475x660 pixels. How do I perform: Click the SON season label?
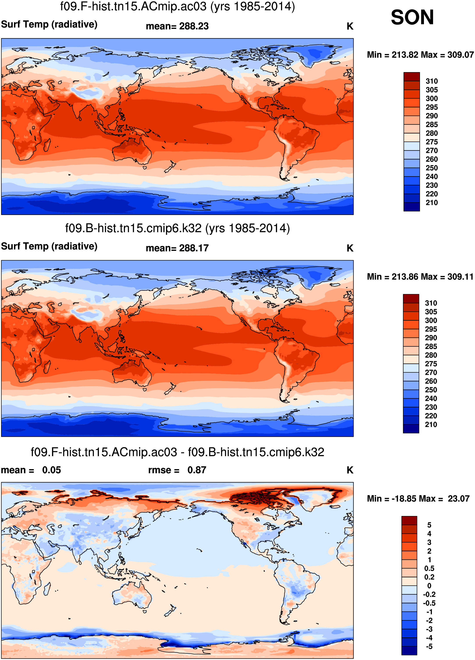[x=412, y=18]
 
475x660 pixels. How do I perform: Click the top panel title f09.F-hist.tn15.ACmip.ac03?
[x=177, y=6]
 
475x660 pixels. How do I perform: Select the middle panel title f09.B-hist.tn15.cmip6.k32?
[x=177, y=228]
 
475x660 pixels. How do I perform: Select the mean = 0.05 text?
[x=31, y=470]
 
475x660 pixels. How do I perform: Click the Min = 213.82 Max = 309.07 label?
[x=420, y=55]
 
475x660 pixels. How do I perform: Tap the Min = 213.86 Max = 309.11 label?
[x=420, y=277]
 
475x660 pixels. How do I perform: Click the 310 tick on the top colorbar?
[x=432, y=81]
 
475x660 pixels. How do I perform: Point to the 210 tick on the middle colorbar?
[x=431, y=425]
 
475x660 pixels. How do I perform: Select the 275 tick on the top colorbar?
[x=432, y=142]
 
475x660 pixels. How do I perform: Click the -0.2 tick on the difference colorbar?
[x=429, y=594]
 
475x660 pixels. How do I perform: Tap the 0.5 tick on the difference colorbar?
[x=429, y=568]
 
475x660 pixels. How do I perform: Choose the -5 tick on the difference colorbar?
[x=429, y=647]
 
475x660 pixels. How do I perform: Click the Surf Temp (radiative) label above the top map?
[x=49, y=25]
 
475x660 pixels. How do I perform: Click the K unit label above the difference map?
[x=350, y=470]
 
